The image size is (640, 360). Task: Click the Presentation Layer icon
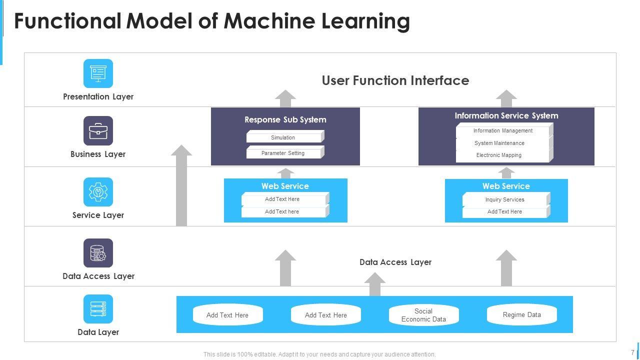click(x=98, y=73)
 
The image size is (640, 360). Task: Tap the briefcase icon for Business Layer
click(x=98, y=131)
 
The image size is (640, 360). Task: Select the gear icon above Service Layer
click(x=98, y=192)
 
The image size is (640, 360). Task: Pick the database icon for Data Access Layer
click(x=98, y=253)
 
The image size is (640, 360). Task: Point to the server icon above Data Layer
click(x=98, y=309)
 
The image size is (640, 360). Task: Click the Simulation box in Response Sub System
click(x=283, y=137)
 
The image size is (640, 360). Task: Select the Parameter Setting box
click(x=283, y=153)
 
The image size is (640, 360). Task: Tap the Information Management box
click(x=503, y=131)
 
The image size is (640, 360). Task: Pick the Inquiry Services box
click(x=504, y=199)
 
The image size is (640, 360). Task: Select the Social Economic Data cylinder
click(x=423, y=315)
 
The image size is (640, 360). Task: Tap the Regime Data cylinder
click(x=521, y=315)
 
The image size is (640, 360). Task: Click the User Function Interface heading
click(x=395, y=80)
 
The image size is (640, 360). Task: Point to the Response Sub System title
click(x=285, y=119)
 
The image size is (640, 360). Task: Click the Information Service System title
click(x=506, y=115)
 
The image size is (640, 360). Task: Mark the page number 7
click(x=632, y=352)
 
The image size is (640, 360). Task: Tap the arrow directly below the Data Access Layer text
click(x=374, y=284)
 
